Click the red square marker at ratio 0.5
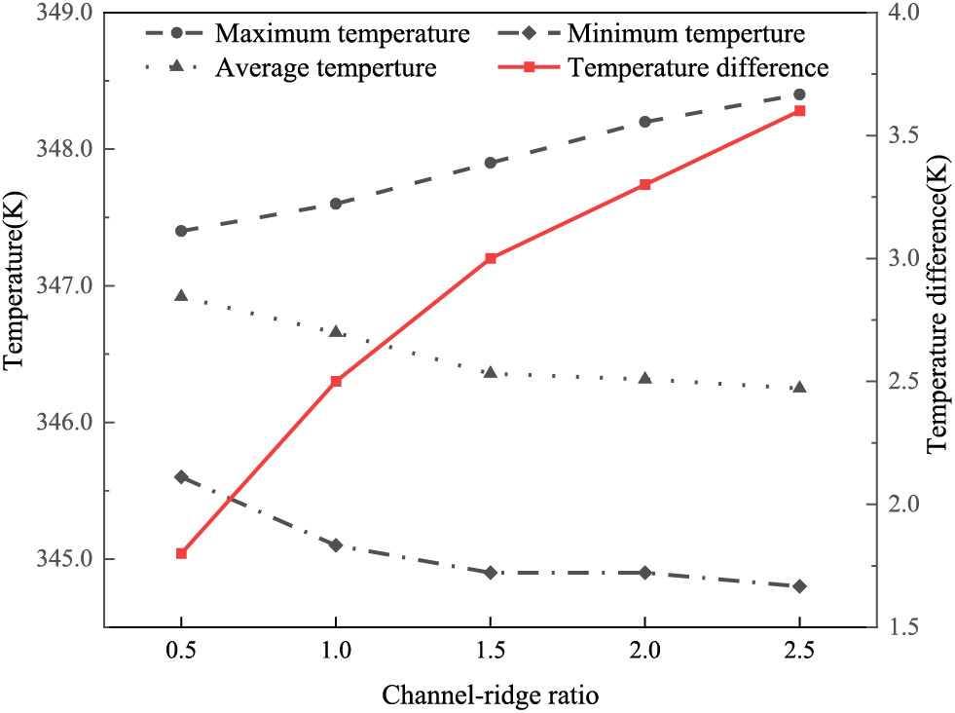[181, 553]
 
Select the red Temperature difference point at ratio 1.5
[491, 258]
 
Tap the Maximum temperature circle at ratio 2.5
[799, 94]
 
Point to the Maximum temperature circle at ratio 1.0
[336, 204]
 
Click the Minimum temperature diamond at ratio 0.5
[181, 477]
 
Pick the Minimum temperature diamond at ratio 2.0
[644, 573]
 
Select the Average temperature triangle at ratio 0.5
[181, 295]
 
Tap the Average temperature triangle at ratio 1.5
[491, 372]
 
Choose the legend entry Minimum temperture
[686, 34]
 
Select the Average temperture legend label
[326, 67]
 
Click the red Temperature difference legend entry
[698, 67]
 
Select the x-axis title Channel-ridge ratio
[490, 694]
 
